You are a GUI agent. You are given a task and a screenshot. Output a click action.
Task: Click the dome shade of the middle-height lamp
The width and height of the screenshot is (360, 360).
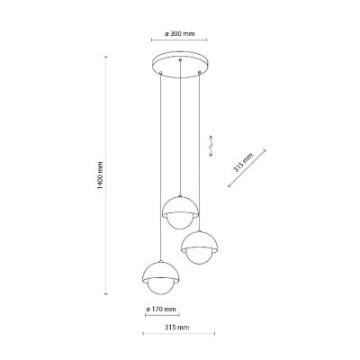[x=199, y=241]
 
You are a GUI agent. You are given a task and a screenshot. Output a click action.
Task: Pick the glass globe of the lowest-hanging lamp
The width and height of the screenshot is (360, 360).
[x=161, y=289]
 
